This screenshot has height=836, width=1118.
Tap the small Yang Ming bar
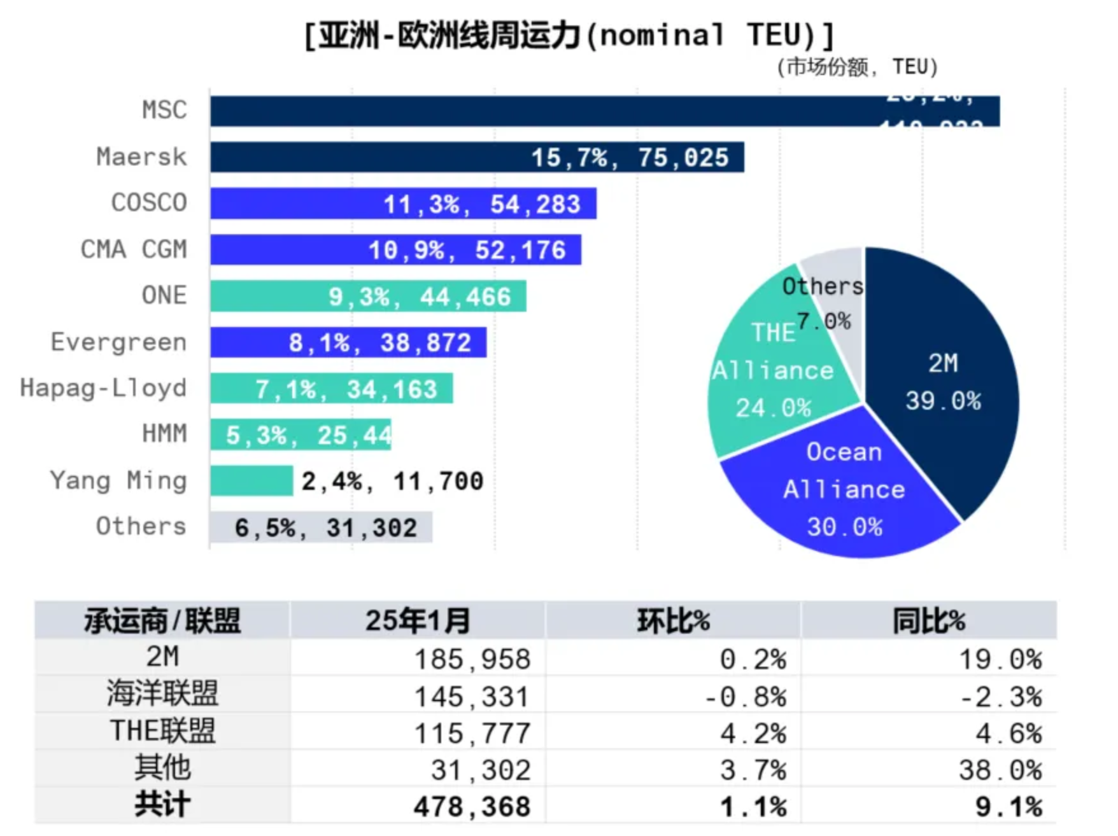click(x=251, y=481)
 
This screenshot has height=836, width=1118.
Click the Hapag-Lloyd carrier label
click(x=103, y=388)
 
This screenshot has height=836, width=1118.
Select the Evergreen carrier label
click(x=118, y=342)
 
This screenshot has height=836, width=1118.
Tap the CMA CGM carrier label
click(x=134, y=249)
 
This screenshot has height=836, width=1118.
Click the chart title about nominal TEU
click(x=569, y=36)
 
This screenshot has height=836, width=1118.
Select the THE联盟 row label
click(x=163, y=732)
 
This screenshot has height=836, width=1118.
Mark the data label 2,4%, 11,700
click(x=392, y=482)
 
